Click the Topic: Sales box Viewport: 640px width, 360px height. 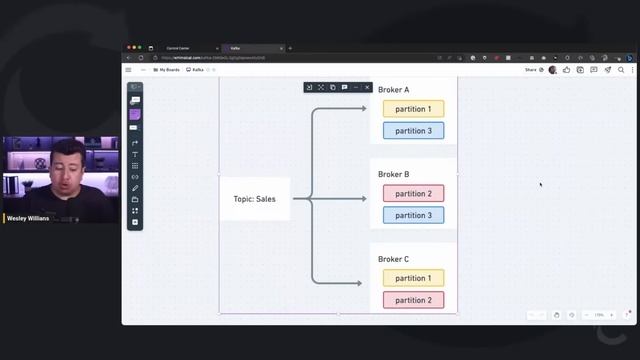click(x=255, y=199)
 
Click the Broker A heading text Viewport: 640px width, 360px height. click(x=393, y=90)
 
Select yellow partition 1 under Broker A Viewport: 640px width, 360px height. click(x=413, y=109)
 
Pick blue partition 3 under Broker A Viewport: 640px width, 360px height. click(x=413, y=131)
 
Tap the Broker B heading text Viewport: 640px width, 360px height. click(x=393, y=174)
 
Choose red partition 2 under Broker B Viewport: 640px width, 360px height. click(x=413, y=194)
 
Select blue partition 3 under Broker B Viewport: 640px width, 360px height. click(x=413, y=216)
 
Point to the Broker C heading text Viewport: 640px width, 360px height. click(x=393, y=259)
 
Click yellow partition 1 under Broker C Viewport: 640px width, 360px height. click(x=413, y=278)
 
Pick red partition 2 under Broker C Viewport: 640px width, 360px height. click(x=413, y=300)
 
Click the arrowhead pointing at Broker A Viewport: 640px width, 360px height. click(x=363, y=108)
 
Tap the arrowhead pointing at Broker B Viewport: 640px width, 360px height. click(x=363, y=199)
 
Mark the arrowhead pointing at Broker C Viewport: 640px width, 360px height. click(x=359, y=283)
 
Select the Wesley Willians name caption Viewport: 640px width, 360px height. click(x=28, y=217)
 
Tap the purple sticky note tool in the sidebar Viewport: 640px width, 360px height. click(x=135, y=114)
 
